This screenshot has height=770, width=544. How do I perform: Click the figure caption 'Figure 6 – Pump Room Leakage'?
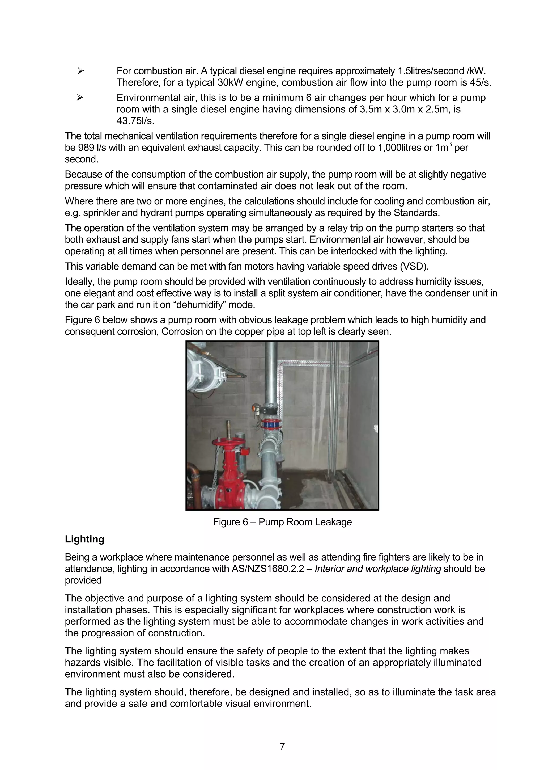tap(282, 522)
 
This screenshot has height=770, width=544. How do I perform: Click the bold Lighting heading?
tap(84, 539)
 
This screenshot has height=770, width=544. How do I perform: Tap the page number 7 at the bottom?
tap(282, 747)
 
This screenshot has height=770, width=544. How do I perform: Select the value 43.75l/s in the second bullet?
tap(135, 121)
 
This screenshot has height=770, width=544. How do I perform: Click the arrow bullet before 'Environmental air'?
tap(80, 98)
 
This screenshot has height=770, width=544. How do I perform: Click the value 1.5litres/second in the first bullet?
tap(430, 71)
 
